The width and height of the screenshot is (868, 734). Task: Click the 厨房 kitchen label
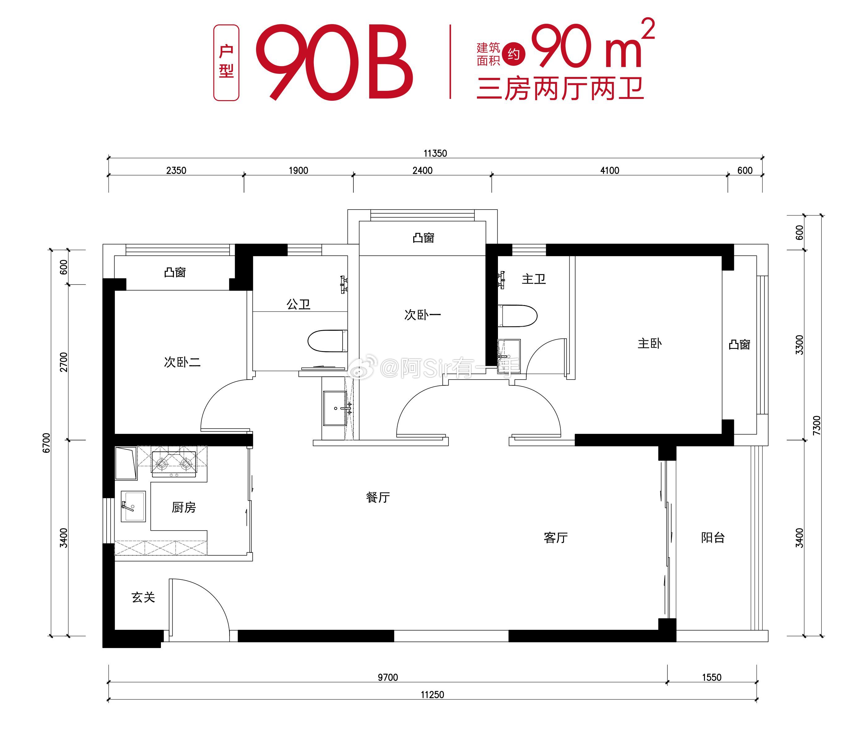[x=183, y=507]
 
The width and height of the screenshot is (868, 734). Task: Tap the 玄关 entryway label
[x=143, y=597]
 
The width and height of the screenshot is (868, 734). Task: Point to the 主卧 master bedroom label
[x=649, y=343]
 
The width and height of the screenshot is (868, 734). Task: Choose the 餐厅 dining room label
[x=378, y=497]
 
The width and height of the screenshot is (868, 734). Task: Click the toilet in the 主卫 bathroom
[x=517, y=316]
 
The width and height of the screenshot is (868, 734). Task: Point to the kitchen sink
[x=133, y=506]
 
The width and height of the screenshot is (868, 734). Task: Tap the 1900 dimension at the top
[x=298, y=170]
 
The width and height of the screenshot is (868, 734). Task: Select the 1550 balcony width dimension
[x=712, y=677]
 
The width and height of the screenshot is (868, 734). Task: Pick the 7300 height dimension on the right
[x=817, y=425]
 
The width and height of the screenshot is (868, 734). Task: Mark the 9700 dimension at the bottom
[x=388, y=677]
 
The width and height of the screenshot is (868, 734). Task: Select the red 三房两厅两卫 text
[x=560, y=89]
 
